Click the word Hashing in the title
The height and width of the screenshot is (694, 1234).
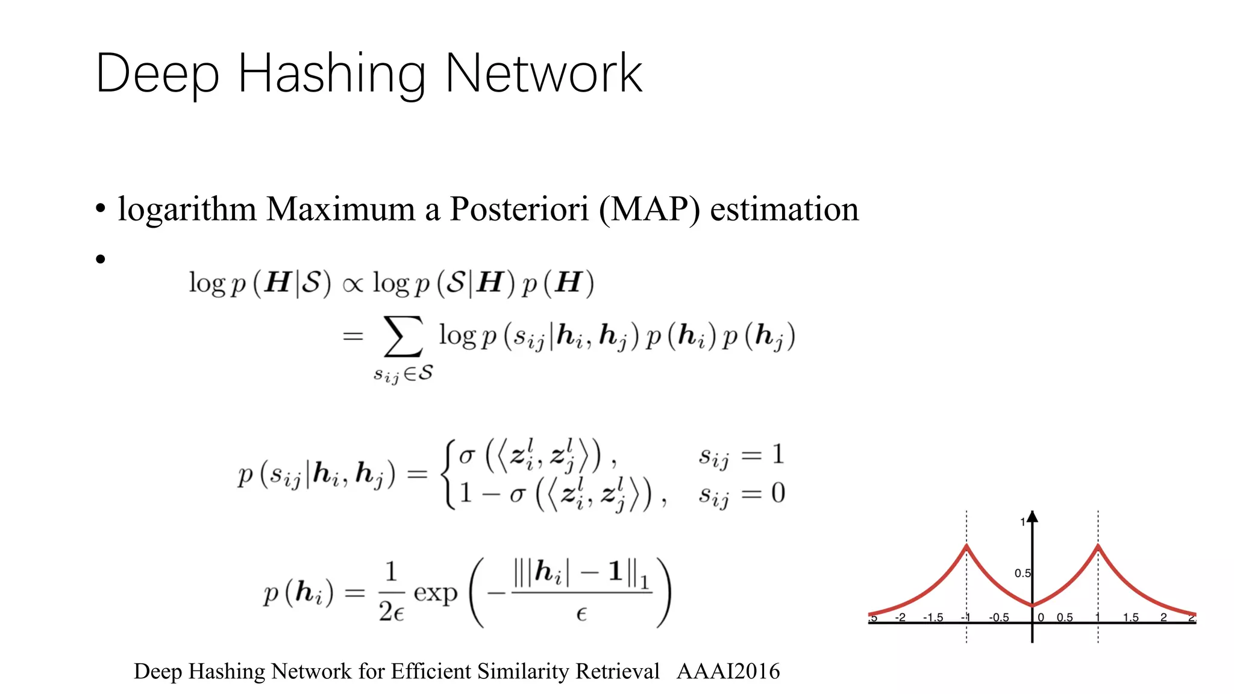331,73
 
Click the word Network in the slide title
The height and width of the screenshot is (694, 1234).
543,73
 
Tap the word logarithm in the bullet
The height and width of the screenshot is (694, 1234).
187,209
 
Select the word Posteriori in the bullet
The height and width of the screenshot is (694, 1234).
519,209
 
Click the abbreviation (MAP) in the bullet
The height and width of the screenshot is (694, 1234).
650,209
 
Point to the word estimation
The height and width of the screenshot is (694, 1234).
784,209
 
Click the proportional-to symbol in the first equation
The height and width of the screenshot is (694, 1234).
352,284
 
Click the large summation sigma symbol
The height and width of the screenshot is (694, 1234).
402,336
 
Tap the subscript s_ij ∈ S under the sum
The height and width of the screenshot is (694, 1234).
402,374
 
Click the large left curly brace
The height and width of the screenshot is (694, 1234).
449,474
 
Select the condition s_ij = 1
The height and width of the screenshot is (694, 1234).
741,455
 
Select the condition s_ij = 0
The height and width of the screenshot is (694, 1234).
741,495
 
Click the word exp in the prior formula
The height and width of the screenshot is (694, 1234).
435,593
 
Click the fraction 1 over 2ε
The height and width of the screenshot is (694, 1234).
391,592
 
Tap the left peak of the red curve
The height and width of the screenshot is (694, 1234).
966,547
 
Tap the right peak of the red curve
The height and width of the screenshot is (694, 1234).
1098,547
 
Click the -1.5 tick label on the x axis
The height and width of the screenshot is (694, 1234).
933,617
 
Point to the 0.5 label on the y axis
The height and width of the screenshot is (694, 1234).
1022,573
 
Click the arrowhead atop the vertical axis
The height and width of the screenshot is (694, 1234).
1032,516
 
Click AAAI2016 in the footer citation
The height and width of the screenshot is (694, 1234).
728,671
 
